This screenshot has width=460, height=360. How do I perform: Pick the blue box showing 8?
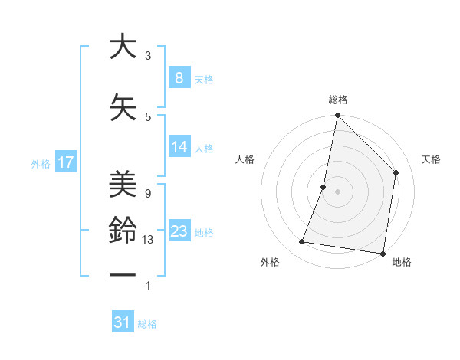(x=179, y=78)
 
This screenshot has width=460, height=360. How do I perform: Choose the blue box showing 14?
(x=179, y=148)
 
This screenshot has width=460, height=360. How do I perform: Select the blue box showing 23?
(x=179, y=231)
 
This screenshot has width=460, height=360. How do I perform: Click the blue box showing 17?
(x=65, y=162)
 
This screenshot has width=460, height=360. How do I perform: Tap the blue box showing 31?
(x=123, y=322)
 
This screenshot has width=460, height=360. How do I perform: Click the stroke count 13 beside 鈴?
(x=148, y=240)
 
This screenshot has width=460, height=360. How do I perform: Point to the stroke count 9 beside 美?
(x=147, y=194)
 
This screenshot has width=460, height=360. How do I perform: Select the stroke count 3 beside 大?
(x=147, y=56)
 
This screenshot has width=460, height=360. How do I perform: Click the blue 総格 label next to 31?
(x=147, y=324)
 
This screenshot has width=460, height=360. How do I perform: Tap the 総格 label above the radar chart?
(x=337, y=100)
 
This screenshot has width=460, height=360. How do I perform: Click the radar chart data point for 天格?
(x=396, y=172)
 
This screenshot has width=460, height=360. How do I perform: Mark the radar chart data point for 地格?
(x=383, y=253)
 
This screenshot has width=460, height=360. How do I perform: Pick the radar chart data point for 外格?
(x=301, y=242)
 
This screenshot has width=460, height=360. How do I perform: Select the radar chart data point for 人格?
(x=324, y=187)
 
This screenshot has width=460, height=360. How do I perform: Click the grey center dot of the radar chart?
(x=337, y=191)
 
